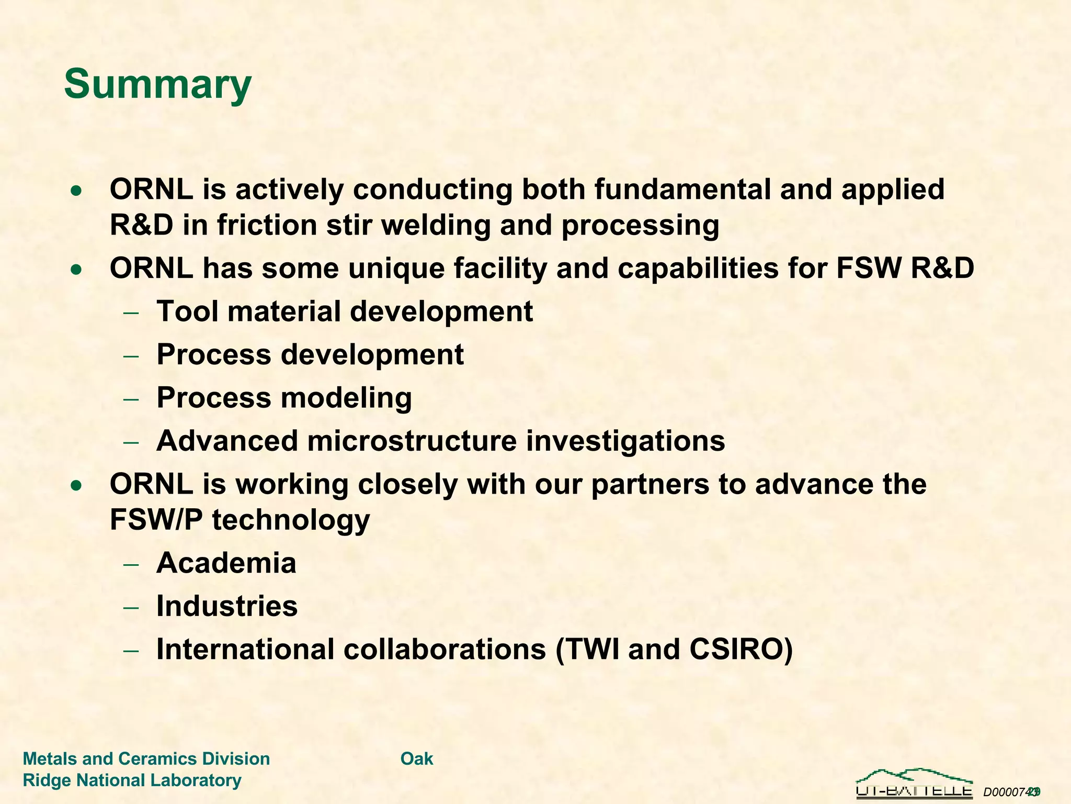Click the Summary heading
157,84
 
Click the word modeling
346,398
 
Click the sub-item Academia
226,563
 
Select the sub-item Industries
227,606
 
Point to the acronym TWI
590,650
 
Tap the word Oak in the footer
417,759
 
